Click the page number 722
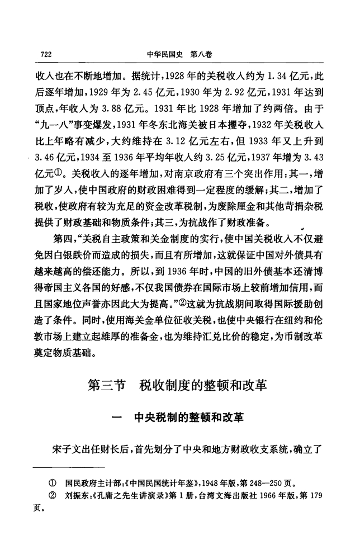pos(46,54)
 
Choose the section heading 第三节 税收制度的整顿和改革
pos(179,386)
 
